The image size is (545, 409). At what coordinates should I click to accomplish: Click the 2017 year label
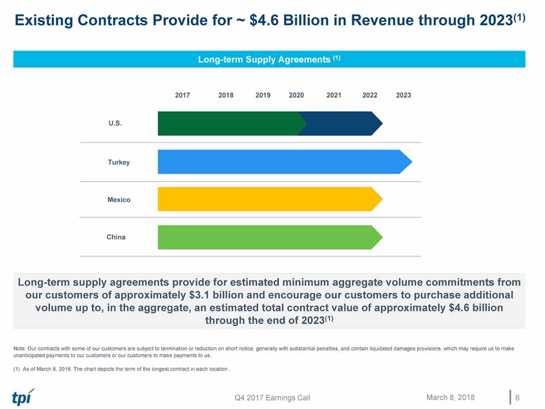pos(182,95)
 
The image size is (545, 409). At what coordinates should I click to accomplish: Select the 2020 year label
pos(296,95)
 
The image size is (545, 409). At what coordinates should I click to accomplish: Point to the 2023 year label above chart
pos(403,95)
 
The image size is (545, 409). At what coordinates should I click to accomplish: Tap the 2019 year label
pos(263,95)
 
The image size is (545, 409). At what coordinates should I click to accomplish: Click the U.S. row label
pos(115,123)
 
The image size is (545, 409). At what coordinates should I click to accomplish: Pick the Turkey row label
pos(119,162)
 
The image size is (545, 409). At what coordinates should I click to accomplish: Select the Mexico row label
pos(119,200)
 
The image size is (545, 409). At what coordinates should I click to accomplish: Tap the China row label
pos(116,237)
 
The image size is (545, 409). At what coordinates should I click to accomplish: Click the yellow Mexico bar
pos(267,199)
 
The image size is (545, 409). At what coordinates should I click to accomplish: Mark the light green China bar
pos(267,237)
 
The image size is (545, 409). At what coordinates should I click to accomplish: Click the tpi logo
pos(23,396)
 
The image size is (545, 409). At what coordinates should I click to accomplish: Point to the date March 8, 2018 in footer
pos(450,397)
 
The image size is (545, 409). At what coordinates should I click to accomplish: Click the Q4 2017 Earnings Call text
pos(272,398)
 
